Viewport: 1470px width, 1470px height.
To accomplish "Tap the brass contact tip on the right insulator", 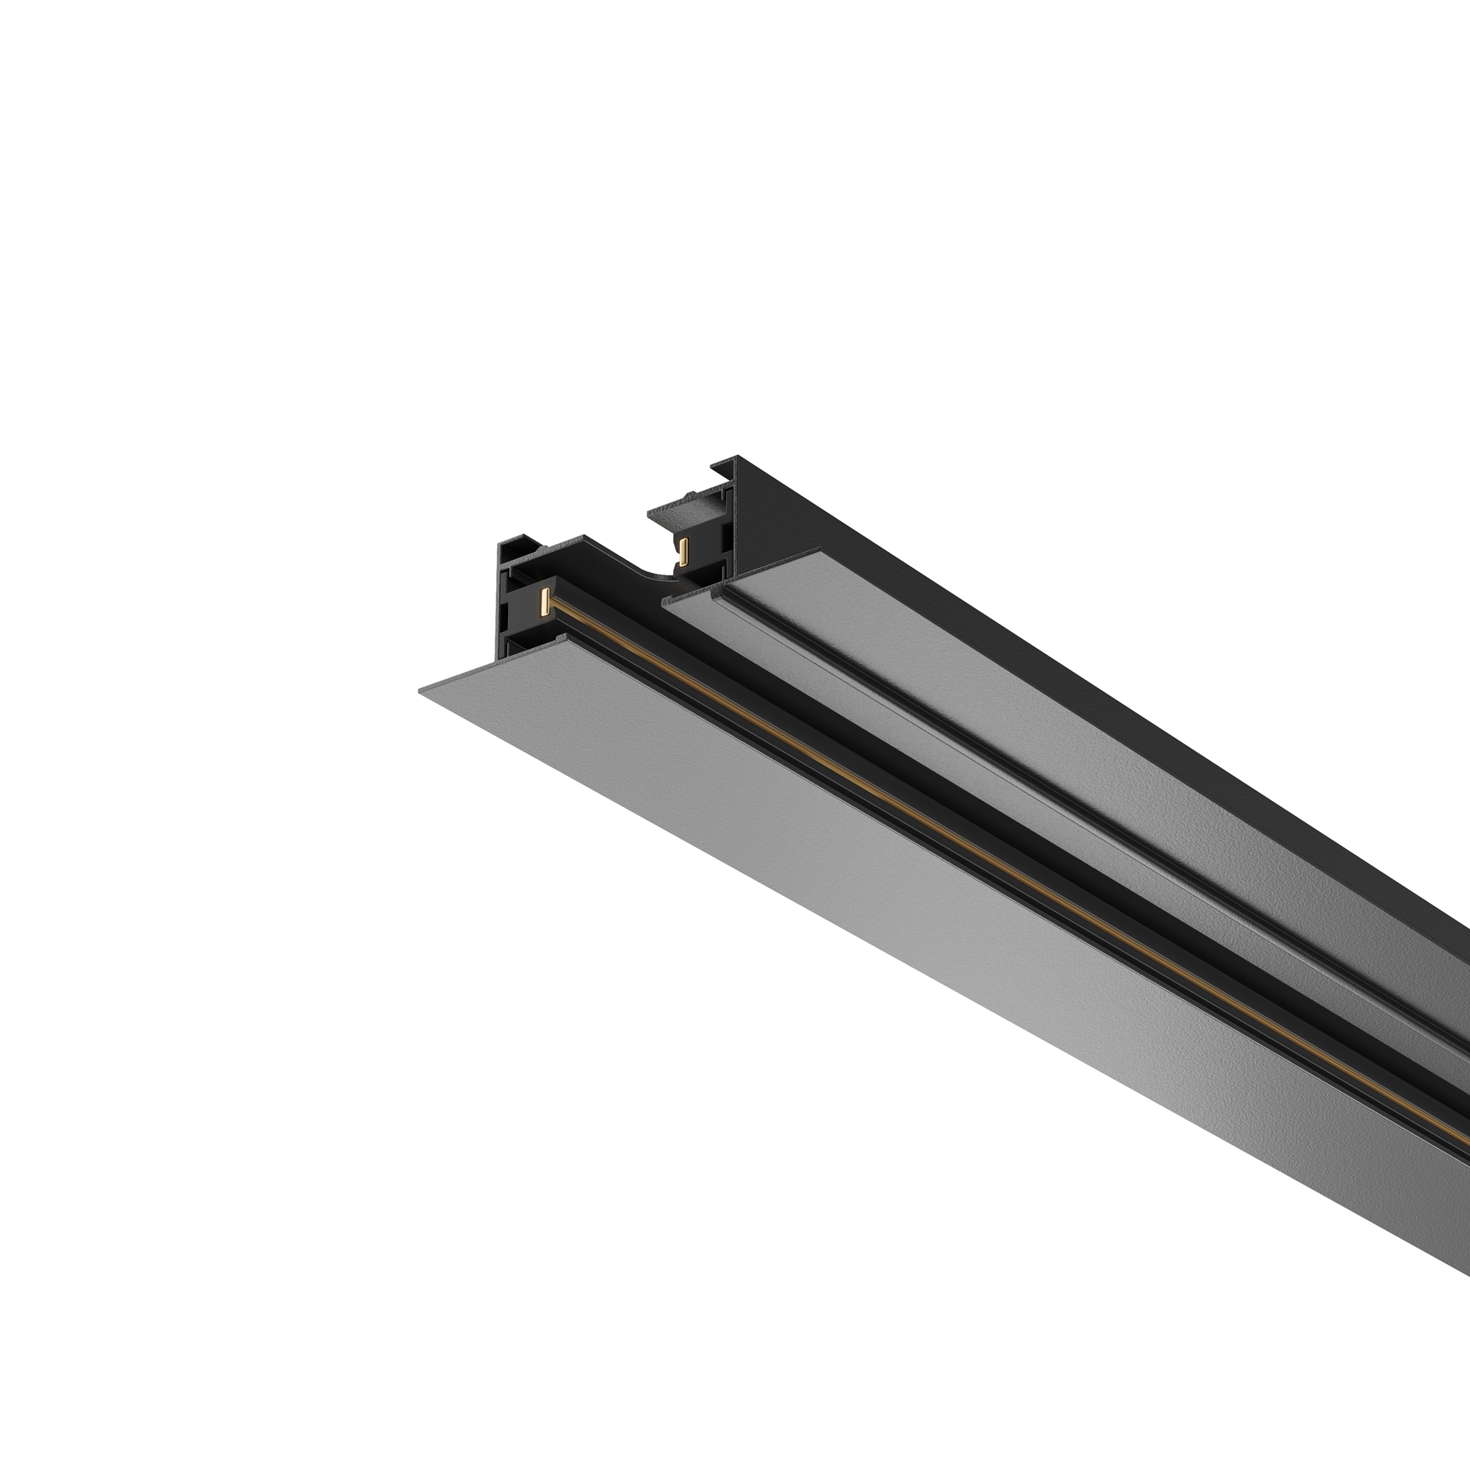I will tap(684, 550).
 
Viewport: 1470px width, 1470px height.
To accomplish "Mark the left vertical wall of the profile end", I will tap(503, 601).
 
